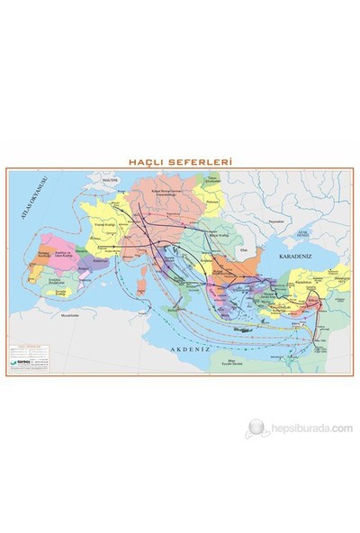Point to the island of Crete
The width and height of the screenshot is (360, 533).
pos(233,329)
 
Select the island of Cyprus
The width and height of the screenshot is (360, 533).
pos(286,318)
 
